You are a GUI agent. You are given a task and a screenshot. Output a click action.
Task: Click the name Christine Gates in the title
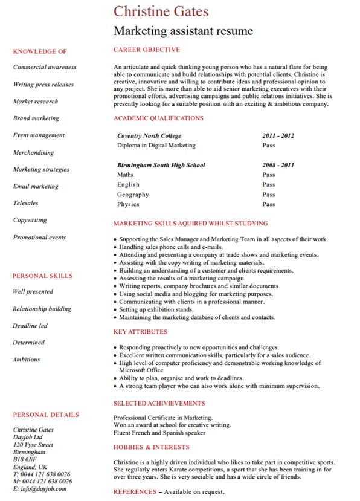coord(161,11)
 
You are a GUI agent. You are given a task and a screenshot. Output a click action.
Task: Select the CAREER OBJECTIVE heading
coord(146,50)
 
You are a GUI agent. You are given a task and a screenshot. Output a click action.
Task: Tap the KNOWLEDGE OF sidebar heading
coord(39,51)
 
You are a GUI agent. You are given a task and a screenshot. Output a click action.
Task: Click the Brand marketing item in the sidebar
coord(36,118)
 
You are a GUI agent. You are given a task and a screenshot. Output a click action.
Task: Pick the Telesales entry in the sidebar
coord(25,203)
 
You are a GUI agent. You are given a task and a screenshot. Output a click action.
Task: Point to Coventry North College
coord(149,136)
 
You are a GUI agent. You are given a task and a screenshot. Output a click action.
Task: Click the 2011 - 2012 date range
coord(278,136)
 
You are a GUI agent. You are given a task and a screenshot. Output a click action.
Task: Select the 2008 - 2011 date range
coord(278,165)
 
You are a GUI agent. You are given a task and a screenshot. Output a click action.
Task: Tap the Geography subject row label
coord(133,195)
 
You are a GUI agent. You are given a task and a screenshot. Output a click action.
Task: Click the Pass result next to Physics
coord(268,204)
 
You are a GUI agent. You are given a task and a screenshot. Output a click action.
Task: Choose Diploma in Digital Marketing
coord(156,146)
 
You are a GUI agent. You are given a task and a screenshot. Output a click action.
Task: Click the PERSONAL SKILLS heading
coord(42,276)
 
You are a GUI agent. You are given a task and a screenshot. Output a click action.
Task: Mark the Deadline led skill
coord(30,326)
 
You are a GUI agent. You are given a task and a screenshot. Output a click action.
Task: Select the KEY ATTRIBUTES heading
coord(140,332)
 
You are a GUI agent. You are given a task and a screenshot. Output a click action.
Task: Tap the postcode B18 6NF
coord(25,459)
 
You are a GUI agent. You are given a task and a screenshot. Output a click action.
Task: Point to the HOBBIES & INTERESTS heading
coord(151,447)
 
